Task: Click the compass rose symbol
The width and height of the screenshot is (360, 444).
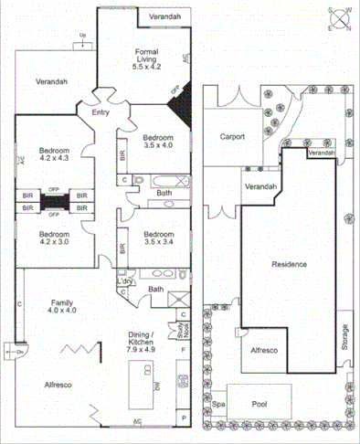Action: (340, 18)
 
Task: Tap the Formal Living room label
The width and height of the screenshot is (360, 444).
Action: (147, 58)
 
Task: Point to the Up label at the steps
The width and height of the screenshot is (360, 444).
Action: (82, 37)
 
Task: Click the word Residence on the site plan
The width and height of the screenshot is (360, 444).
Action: (289, 264)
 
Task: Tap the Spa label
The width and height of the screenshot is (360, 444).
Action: (218, 403)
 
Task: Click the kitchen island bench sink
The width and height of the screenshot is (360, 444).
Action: (157, 386)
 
